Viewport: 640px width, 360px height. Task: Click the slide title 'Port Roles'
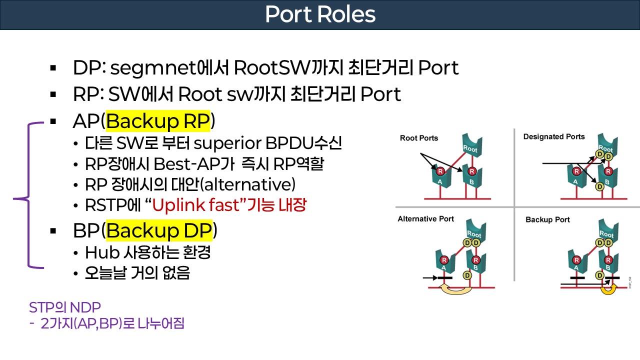click(x=320, y=14)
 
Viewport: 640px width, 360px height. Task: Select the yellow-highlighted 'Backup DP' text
click(x=159, y=230)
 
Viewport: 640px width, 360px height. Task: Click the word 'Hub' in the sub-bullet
click(x=96, y=252)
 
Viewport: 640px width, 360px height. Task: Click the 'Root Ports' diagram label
click(x=418, y=138)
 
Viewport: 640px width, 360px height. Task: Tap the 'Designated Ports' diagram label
click(x=554, y=136)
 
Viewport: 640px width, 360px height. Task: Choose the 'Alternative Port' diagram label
click(x=426, y=218)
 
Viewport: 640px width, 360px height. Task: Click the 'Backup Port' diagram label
click(x=547, y=219)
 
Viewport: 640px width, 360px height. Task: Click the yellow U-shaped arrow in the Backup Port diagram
click(x=607, y=289)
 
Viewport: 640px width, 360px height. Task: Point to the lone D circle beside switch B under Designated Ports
click(x=600, y=186)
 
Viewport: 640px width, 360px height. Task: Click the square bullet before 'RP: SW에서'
click(x=53, y=94)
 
